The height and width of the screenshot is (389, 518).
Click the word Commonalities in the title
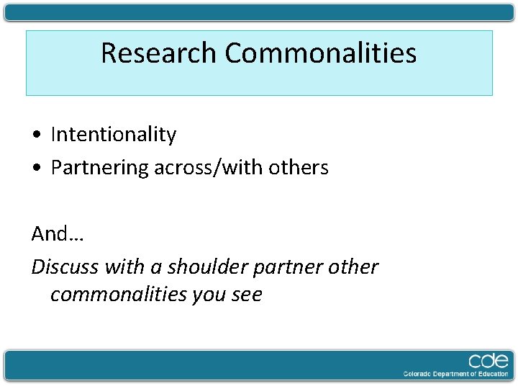point(320,53)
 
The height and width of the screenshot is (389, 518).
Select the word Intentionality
point(114,135)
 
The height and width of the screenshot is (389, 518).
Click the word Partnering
point(100,169)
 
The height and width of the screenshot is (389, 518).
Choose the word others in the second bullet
point(299,168)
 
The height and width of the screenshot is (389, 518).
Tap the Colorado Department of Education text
point(455,374)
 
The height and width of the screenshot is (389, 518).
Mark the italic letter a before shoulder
point(155,268)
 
